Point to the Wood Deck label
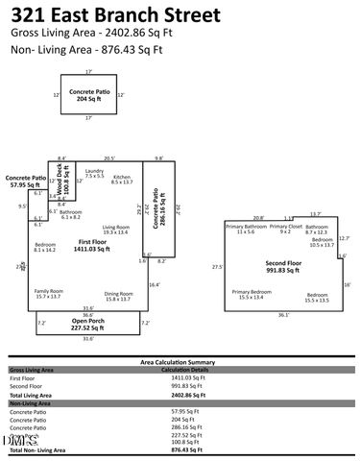click(67, 182)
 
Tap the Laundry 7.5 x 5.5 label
click(94, 174)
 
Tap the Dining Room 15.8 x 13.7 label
click(118, 296)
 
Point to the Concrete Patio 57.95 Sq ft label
click(26, 180)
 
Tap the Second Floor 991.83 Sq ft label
click(283, 264)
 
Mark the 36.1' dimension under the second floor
click(283, 314)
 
